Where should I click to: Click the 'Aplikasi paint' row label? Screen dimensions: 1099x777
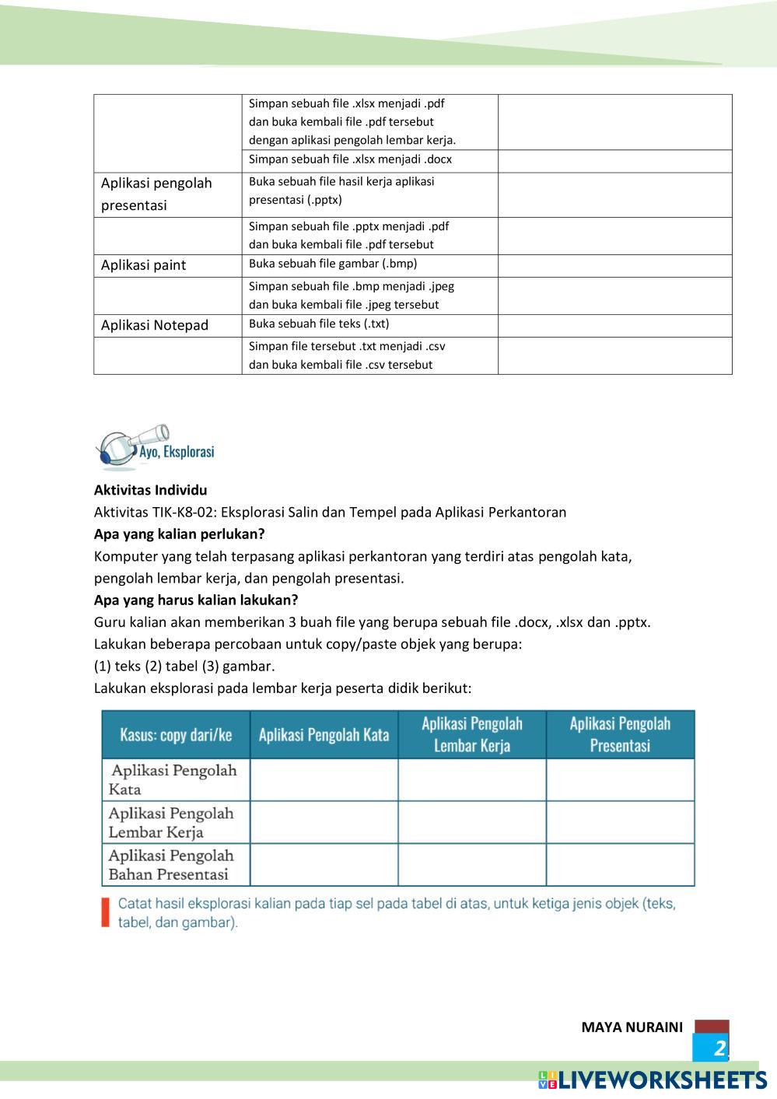click(144, 265)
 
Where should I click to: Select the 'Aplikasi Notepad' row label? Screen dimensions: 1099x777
click(155, 325)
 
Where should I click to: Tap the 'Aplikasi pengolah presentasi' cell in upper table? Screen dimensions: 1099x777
click(156, 194)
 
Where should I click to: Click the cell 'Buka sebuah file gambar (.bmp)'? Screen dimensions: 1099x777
click(333, 264)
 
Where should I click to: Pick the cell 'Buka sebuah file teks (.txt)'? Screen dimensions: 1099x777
click(319, 324)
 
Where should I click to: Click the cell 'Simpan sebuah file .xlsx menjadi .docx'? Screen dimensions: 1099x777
click(350, 159)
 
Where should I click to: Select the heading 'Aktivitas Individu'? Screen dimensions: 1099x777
click(150, 490)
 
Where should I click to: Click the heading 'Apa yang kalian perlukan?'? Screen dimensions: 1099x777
click(179, 534)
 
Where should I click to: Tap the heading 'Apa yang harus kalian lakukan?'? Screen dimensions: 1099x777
click(196, 600)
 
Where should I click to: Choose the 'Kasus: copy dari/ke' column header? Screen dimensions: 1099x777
click(176, 735)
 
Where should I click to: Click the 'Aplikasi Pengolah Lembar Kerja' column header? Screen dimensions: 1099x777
click(472, 735)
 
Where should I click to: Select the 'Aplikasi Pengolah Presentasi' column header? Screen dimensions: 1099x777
click(620, 735)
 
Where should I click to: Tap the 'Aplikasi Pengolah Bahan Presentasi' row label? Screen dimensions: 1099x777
click(171, 865)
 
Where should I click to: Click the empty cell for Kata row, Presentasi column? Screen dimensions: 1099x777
click(620, 780)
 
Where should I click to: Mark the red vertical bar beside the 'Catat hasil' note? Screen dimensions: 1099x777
click(105, 913)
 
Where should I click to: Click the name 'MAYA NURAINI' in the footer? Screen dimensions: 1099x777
click(632, 1027)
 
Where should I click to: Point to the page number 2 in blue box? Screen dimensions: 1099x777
click(719, 1048)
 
